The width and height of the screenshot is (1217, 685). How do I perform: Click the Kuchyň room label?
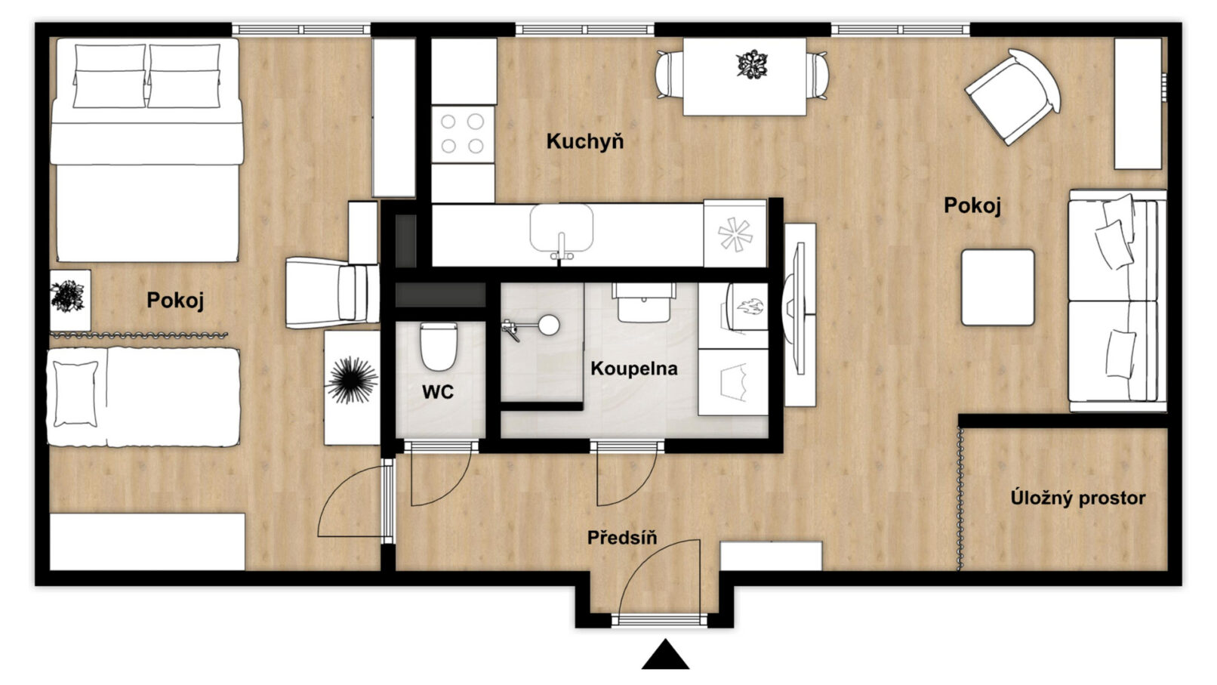pos(584,142)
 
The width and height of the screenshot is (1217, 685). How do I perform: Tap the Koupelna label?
pos(634,369)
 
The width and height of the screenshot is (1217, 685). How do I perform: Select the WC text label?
pos(437,392)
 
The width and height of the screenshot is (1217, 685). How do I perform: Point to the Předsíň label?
pos(622,538)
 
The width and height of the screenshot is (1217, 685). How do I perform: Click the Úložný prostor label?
pos(1078,498)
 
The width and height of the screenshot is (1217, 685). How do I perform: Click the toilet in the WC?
pos(438,346)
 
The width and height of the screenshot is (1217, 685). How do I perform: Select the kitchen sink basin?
pos(561,228)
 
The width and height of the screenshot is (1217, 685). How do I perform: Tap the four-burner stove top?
pos(462,134)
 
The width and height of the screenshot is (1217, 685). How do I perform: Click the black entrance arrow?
pos(665,655)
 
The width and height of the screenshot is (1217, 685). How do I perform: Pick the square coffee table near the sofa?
pos(997,288)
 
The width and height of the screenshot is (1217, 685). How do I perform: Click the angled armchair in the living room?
pos(1012,97)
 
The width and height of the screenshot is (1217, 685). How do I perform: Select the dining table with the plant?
pos(744,76)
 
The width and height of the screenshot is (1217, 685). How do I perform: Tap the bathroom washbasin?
pos(644,304)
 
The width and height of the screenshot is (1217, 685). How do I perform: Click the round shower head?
pos(549,325)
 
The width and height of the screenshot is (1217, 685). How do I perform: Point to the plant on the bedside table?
pos(67,296)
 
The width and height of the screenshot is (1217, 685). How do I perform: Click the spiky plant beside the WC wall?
pos(352,381)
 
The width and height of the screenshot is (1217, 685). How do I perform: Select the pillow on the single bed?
pos(75,393)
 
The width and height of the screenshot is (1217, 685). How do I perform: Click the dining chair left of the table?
pos(670,75)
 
